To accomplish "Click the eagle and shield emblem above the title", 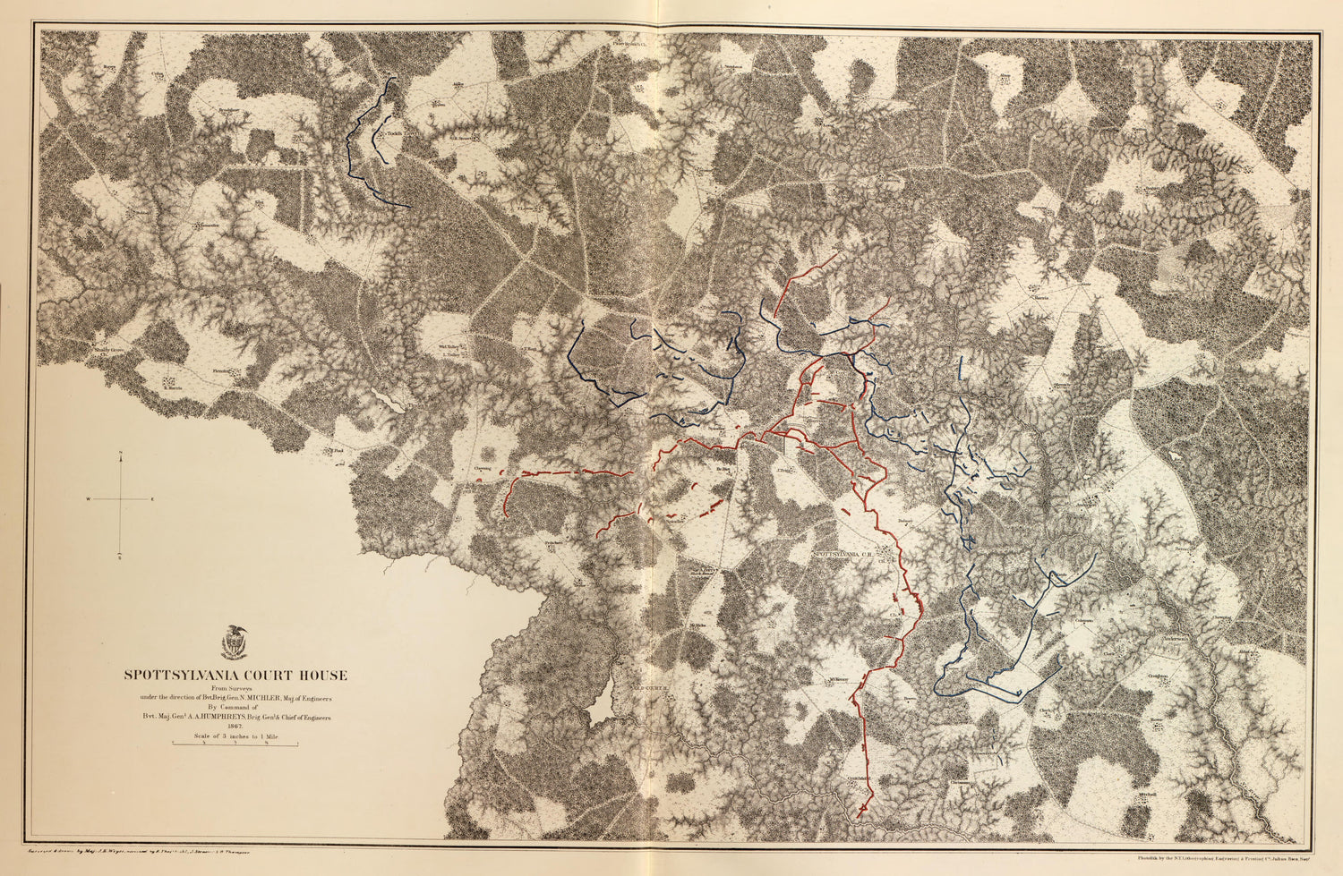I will [235, 642].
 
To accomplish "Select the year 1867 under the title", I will [235, 727].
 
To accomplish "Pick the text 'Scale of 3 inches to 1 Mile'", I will [235, 736].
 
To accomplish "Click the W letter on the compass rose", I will [89, 498].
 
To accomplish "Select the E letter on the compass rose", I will [152, 498].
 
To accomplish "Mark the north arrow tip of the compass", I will [121, 455].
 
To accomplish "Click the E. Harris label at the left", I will [174, 389].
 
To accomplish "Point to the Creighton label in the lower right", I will [1159, 676].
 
